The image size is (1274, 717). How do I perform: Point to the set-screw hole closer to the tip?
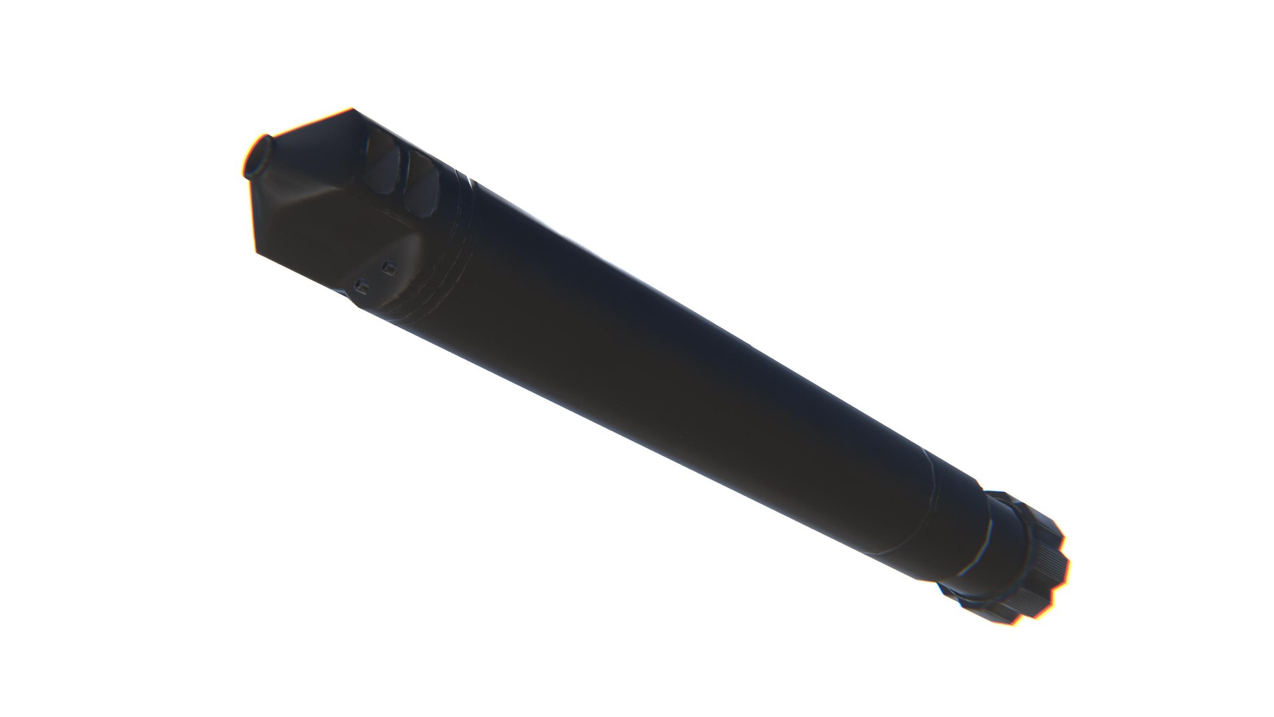(x=362, y=286)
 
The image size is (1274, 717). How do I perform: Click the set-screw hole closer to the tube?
(x=391, y=268)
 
